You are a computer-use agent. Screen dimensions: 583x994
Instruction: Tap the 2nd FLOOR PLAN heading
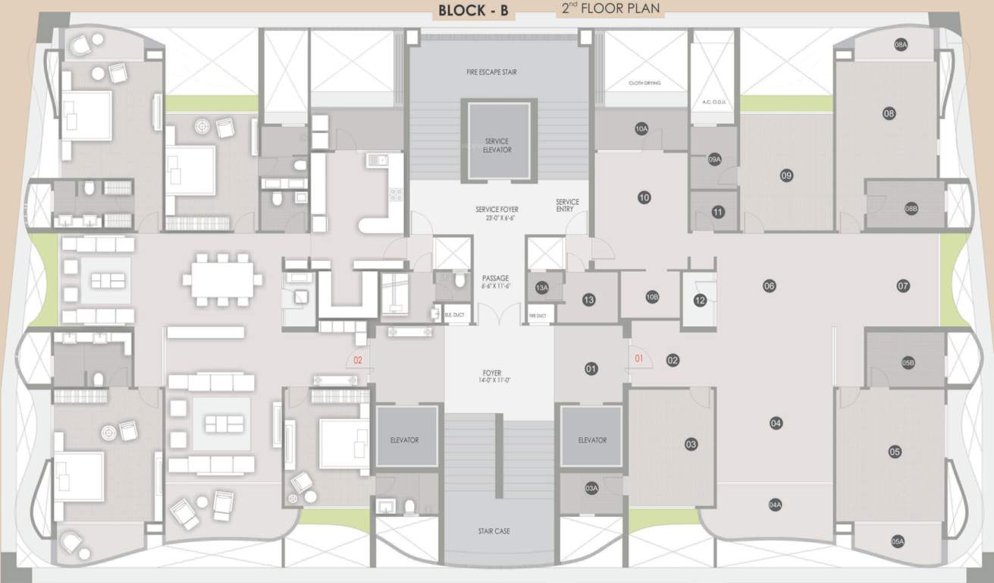click(610, 9)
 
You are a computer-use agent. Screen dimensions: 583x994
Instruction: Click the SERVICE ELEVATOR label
click(497, 145)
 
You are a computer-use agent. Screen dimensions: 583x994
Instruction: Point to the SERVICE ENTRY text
click(567, 206)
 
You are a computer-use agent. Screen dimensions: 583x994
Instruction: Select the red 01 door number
click(638, 358)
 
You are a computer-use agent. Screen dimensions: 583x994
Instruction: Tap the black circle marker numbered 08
click(889, 113)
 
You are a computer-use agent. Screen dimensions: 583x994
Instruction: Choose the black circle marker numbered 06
click(770, 286)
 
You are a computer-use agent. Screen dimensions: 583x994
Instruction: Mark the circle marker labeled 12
click(699, 301)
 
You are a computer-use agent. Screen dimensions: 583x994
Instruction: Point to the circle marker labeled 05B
click(908, 364)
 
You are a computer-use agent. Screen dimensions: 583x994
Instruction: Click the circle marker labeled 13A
click(541, 288)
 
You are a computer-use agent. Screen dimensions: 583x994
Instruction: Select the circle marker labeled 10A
click(641, 129)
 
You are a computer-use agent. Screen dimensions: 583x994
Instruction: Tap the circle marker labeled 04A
click(775, 504)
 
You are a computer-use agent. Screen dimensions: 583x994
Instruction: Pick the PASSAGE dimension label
click(496, 282)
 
